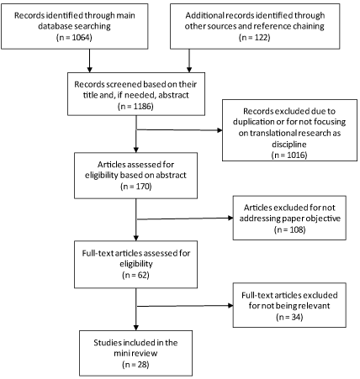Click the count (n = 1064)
(x=74, y=37)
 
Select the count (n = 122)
(x=255, y=37)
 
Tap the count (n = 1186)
(x=135, y=106)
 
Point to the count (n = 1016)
(x=289, y=155)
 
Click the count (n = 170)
(x=136, y=187)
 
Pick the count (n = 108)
(x=289, y=229)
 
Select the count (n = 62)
(x=135, y=275)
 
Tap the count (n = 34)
(x=289, y=317)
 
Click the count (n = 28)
(x=135, y=365)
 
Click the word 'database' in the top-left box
(x=55, y=26)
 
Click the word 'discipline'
(x=289, y=145)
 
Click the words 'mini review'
(x=135, y=353)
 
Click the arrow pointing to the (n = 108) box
(x=185, y=218)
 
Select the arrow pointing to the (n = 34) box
(x=185, y=306)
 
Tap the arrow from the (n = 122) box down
(x=189, y=61)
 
